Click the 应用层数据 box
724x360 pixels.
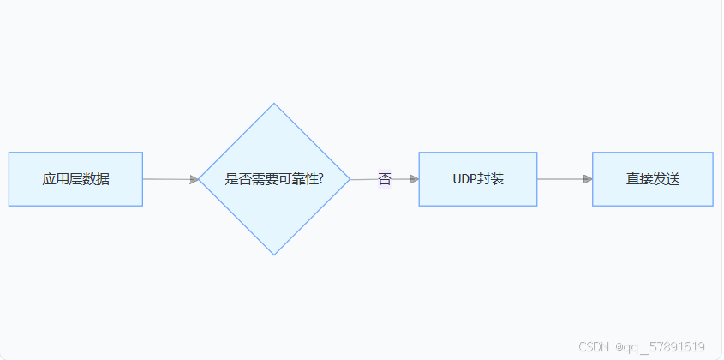click(x=75, y=179)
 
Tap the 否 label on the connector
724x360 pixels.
click(x=384, y=179)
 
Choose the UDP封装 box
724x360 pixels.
click(x=477, y=179)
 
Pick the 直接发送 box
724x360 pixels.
click(x=652, y=179)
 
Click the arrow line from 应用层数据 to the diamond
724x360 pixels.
click(x=167, y=179)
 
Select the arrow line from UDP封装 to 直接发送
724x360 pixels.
click(x=561, y=179)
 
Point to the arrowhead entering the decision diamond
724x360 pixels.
click(x=194, y=179)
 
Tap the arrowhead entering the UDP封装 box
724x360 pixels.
click(x=414, y=179)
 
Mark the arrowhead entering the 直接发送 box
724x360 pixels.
click(x=588, y=179)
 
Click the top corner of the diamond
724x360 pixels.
click(x=274, y=105)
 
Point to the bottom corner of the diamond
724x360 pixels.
click(x=274, y=254)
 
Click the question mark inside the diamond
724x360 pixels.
click(x=320, y=179)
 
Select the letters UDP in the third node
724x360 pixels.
click(x=464, y=179)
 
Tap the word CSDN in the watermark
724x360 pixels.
click(x=593, y=347)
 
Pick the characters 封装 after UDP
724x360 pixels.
click(x=490, y=179)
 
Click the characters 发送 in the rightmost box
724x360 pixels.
click(x=666, y=179)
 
